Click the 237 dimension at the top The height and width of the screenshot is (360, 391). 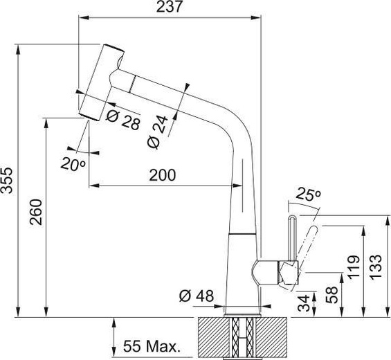click(169, 8)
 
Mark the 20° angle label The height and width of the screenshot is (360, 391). click(73, 165)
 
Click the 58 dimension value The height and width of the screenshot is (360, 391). click(331, 294)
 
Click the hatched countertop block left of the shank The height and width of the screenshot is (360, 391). click(210, 338)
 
